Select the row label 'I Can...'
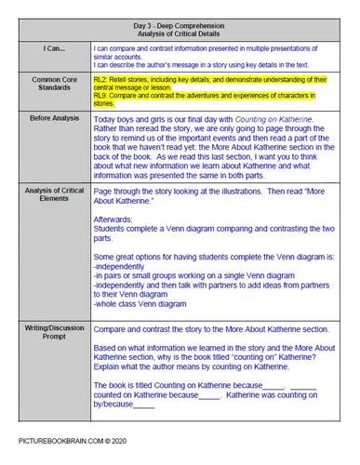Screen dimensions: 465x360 click(47, 46)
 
